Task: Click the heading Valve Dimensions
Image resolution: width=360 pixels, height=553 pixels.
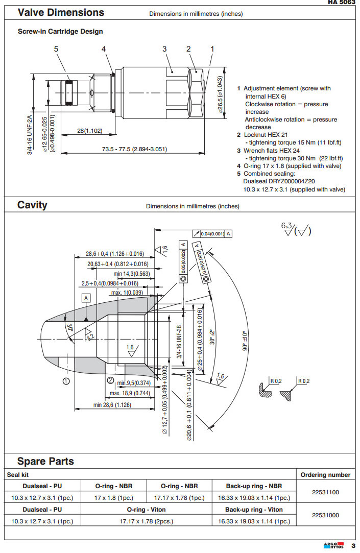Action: coord(61,13)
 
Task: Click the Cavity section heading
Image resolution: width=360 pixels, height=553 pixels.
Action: coord(32,205)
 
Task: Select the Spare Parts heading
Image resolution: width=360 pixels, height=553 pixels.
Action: coord(45,461)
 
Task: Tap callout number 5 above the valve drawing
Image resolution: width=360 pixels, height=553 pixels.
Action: coord(56,49)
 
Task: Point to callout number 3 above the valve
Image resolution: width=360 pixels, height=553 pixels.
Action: coord(165,49)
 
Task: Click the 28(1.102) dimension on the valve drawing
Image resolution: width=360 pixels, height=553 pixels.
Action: coord(90,131)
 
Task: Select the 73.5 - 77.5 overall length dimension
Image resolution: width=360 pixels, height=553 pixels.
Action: coord(135,149)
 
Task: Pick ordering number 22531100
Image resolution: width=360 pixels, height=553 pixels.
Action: coord(325,492)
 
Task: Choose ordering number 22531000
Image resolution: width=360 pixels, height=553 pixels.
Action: coord(325,515)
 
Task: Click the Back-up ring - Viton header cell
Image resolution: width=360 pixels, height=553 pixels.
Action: coord(254,509)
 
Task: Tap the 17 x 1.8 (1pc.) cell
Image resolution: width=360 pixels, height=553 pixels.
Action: coord(114,497)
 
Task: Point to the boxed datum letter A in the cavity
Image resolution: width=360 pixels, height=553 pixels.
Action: coord(86,297)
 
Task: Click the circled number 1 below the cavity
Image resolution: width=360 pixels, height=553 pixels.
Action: coord(66,380)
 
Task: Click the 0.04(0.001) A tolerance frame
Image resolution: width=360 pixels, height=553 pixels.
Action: coord(212,233)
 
